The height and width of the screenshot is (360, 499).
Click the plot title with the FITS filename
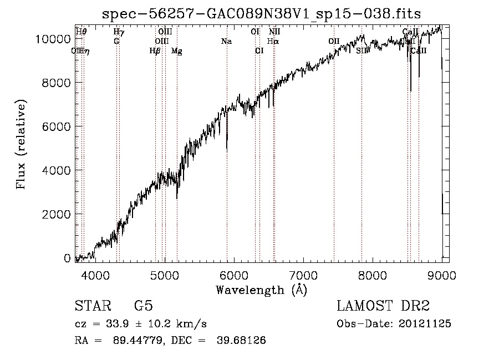[261, 14]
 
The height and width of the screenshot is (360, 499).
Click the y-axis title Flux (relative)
[22, 145]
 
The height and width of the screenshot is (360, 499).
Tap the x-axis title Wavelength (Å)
[261, 290]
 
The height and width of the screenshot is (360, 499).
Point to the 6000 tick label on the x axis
[234, 276]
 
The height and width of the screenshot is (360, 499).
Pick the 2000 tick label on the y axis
[58, 214]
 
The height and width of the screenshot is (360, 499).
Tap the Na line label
[226, 41]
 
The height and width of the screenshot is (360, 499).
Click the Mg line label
[176, 51]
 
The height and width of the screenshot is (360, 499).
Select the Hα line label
[273, 41]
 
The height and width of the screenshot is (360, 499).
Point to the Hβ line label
[155, 51]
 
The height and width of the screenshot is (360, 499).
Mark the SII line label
[361, 50]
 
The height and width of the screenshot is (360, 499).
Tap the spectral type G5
[143, 306]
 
